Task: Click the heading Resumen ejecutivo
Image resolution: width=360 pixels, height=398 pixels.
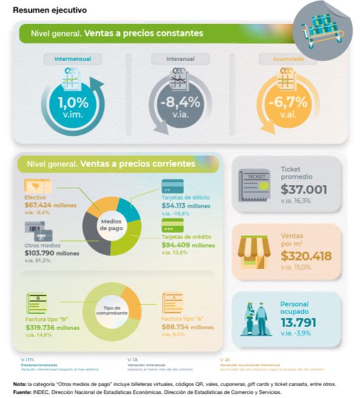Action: pyautogui.click(x=50, y=10)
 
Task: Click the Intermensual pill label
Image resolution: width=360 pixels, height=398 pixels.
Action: pyautogui.click(x=73, y=59)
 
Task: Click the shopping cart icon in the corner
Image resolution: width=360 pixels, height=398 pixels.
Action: pyautogui.click(x=323, y=30)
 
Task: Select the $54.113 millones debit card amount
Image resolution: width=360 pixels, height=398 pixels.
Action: pyautogui.click(x=186, y=205)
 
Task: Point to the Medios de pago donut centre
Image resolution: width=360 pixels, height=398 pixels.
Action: pyautogui.click(x=110, y=224)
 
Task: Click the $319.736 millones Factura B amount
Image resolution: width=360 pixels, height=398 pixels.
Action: pyautogui.click(x=53, y=327)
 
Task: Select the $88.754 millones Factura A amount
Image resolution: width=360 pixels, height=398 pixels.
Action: pyautogui.click(x=188, y=327)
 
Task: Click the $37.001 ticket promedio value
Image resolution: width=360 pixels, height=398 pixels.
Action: pyautogui.click(x=304, y=190)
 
